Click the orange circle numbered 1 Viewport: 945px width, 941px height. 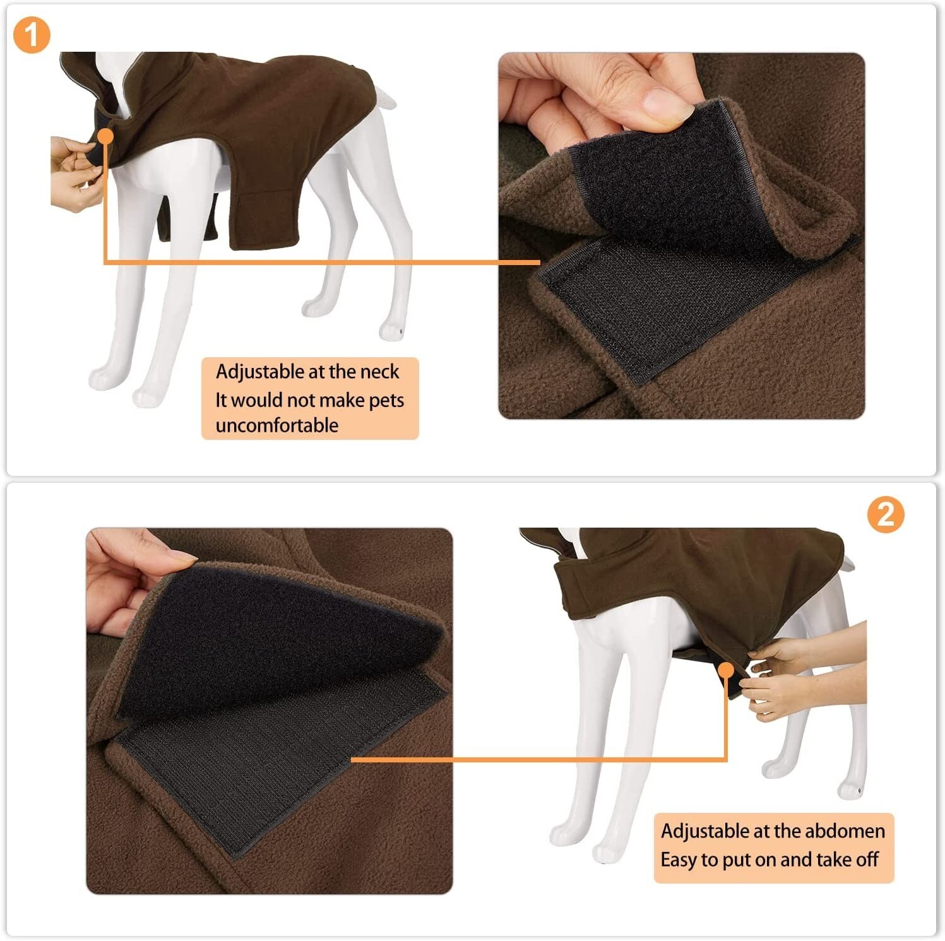pyautogui.click(x=31, y=35)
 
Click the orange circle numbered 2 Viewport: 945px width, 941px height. pyautogui.click(x=885, y=515)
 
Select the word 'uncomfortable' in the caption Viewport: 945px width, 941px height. pyautogui.click(x=276, y=425)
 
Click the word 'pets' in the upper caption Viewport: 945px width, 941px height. pyautogui.click(x=386, y=400)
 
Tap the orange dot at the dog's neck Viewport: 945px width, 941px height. pyautogui.click(x=105, y=136)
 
